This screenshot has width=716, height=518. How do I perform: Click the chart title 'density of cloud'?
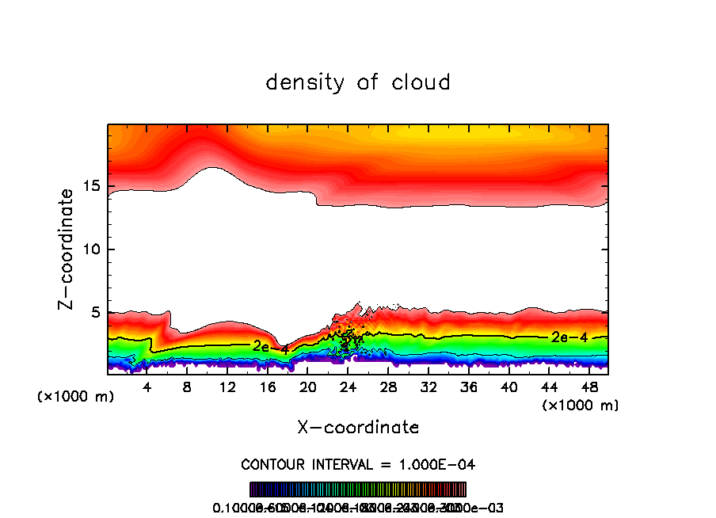[358, 82]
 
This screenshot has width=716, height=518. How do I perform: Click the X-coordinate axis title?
[358, 428]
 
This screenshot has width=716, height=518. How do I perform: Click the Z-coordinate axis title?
[67, 249]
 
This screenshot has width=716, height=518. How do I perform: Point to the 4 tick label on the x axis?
[147, 388]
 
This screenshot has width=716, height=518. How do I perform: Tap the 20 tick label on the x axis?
[307, 388]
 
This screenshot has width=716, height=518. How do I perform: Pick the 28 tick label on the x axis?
[388, 388]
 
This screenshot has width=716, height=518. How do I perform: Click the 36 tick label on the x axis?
[469, 388]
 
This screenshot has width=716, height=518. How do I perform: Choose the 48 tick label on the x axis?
[589, 388]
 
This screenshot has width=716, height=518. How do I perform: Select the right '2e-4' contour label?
[569, 337]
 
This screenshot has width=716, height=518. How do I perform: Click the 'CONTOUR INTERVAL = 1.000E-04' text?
[358, 464]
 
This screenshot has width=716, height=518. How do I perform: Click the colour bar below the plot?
[358, 489]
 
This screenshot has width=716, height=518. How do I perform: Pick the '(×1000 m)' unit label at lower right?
[580, 406]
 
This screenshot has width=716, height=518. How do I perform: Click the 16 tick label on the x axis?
[268, 388]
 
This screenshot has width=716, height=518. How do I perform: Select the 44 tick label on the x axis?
[549, 388]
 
